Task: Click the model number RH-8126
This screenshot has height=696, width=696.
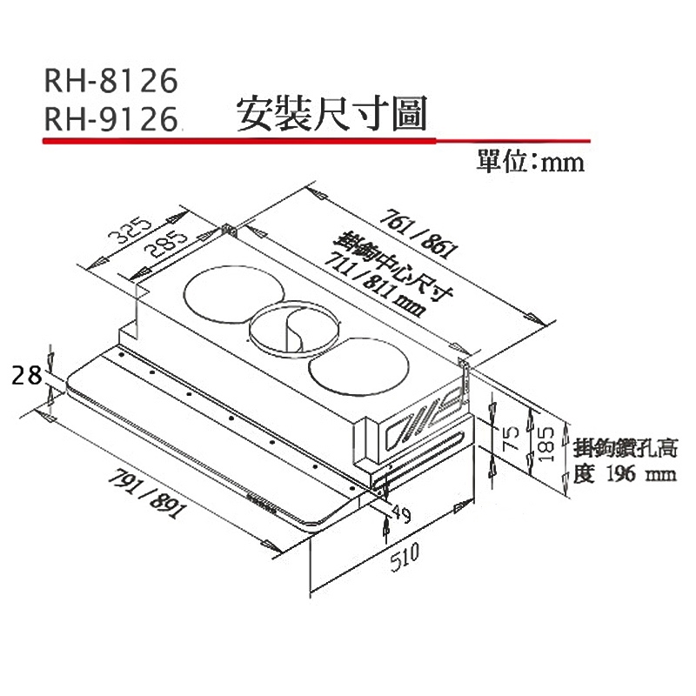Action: pyautogui.click(x=111, y=80)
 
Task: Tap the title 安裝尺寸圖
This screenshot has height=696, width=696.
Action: pyautogui.click(x=331, y=114)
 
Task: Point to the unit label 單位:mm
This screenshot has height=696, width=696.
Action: pyautogui.click(x=531, y=161)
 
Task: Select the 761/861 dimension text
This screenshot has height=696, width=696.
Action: pyautogui.click(x=419, y=233)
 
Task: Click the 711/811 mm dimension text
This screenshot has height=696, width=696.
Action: pyautogui.click(x=375, y=284)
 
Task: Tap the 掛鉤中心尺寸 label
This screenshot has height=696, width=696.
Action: pyautogui.click(x=395, y=265)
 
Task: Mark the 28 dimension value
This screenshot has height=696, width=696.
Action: pyautogui.click(x=27, y=375)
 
